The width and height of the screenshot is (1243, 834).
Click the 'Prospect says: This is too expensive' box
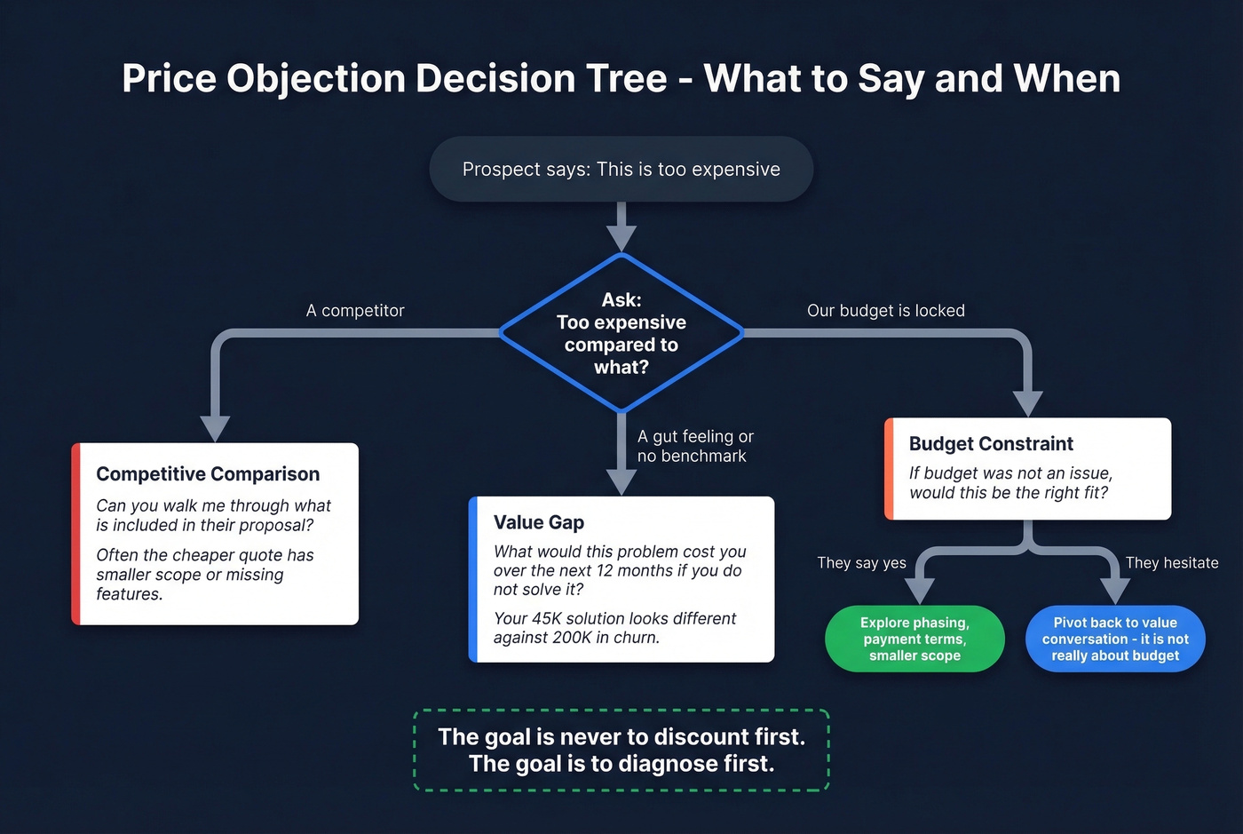point(621,169)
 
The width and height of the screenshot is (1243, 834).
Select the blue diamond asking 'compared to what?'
point(621,333)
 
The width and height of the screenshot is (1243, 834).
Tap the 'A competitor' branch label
point(355,311)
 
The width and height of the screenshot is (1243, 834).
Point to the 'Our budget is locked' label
point(885,311)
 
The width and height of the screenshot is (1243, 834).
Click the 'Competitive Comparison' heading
point(208,474)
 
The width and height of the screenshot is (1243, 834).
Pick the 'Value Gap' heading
point(538,522)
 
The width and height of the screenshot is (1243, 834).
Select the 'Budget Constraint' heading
point(991,444)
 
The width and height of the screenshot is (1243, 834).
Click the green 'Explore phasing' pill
point(914,639)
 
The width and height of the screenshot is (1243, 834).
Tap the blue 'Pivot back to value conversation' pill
point(1115,639)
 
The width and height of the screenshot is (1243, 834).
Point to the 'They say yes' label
point(861,563)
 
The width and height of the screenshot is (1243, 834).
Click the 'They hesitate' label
point(1171,563)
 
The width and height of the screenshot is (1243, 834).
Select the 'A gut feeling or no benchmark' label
point(694,446)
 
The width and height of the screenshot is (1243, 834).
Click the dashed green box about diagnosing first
point(621,751)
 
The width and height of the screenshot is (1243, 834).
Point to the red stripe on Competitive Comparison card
point(76,534)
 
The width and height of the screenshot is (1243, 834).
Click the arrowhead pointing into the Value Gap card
point(621,481)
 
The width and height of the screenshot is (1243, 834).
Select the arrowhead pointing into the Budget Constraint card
point(1027,402)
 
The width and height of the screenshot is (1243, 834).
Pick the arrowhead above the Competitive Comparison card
point(215,427)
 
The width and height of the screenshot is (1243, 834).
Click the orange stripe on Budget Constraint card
point(889,469)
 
